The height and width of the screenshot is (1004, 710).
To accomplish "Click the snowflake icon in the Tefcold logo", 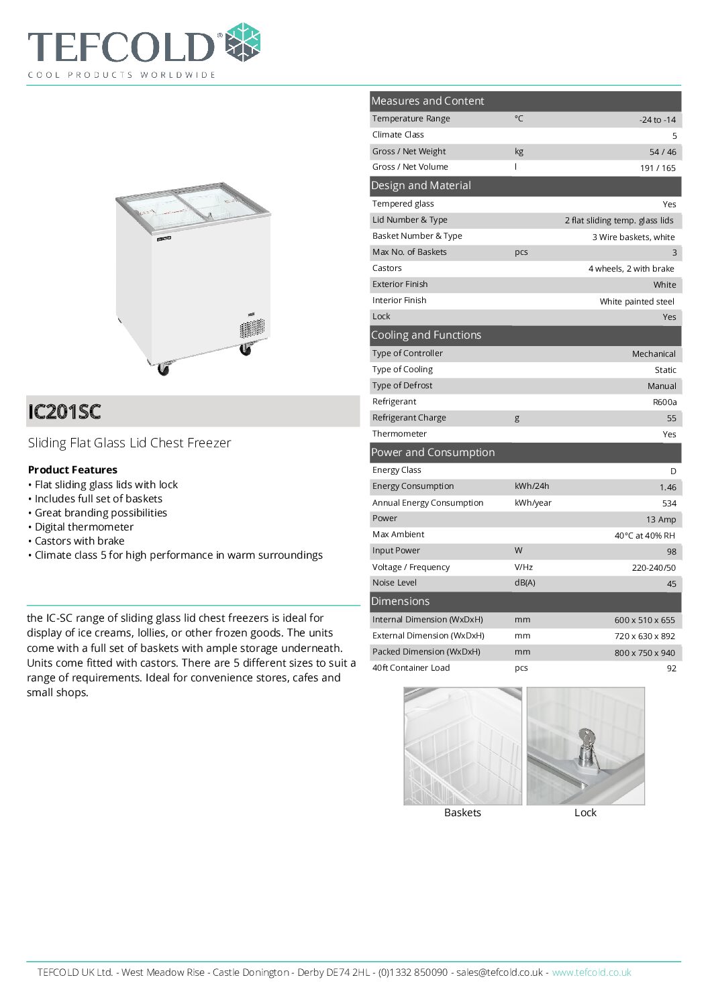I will click(x=242, y=42).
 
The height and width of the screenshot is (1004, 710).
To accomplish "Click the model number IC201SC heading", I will click(x=64, y=411).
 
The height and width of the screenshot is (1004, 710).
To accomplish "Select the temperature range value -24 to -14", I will click(x=657, y=120).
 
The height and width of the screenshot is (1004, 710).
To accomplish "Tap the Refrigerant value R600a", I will click(x=664, y=402).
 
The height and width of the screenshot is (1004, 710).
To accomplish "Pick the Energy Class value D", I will click(x=673, y=471).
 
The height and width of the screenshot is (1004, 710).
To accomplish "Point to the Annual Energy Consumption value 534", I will click(x=669, y=504).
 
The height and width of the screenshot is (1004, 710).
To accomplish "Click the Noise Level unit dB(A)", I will click(x=525, y=583).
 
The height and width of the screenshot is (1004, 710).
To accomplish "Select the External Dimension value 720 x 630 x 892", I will click(x=644, y=636).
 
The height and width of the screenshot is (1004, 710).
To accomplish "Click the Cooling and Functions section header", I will click(x=426, y=335).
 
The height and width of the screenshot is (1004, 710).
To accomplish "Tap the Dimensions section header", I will click(x=400, y=602).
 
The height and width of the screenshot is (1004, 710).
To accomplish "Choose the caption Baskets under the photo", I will click(x=462, y=813).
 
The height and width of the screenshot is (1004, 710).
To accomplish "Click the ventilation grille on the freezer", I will click(x=252, y=329).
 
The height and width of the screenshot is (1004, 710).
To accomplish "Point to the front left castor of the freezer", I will click(x=163, y=369).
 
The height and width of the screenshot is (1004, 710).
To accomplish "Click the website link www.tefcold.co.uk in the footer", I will click(x=591, y=972).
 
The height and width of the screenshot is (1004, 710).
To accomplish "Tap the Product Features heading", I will click(x=72, y=470).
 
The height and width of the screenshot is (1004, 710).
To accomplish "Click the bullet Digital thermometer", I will click(x=84, y=527).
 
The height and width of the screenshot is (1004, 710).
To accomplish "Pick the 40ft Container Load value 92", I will click(x=671, y=669).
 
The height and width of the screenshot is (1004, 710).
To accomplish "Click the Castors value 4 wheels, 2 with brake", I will click(x=631, y=269).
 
